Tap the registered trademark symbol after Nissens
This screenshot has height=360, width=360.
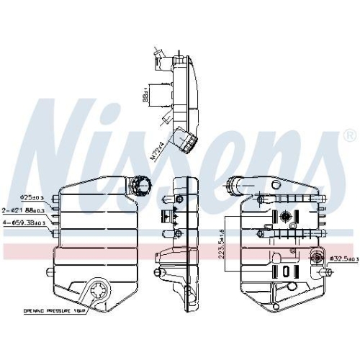pos(348,135)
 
